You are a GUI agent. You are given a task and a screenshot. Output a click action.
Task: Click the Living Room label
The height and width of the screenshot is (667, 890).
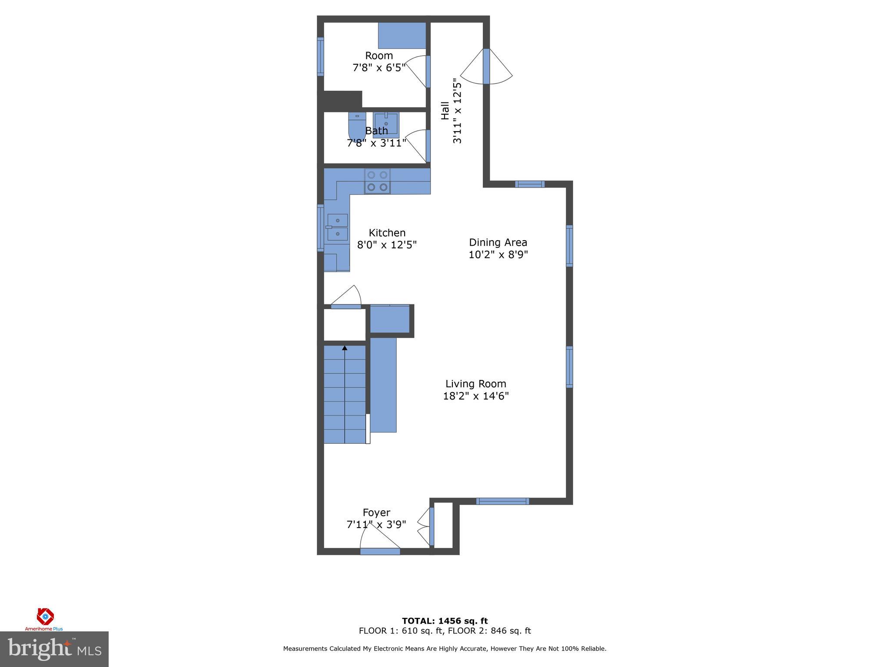pyautogui.click(x=475, y=384)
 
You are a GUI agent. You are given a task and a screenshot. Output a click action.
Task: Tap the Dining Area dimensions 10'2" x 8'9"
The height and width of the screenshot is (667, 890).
pyautogui.click(x=498, y=254)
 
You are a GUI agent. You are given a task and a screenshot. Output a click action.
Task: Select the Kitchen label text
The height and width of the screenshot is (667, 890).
pyautogui.click(x=387, y=233)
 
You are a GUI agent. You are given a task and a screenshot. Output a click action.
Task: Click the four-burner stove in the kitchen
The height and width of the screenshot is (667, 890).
pyautogui.click(x=377, y=181)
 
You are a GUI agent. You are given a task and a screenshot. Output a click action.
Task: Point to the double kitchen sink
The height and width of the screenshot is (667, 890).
pyautogui.click(x=337, y=227)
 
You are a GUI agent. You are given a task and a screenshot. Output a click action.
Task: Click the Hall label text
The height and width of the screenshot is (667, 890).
pyautogui.click(x=445, y=111)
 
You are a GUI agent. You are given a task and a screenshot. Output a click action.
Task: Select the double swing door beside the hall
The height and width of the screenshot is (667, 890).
pyautogui.click(x=486, y=66)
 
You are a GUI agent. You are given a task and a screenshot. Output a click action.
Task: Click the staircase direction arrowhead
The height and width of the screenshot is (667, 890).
pyautogui.click(x=345, y=348)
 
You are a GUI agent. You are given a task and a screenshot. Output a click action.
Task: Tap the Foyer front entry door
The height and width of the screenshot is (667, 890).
pyautogui.click(x=380, y=551)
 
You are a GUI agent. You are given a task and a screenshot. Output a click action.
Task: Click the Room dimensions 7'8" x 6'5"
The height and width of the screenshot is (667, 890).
pyautogui.click(x=379, y=68)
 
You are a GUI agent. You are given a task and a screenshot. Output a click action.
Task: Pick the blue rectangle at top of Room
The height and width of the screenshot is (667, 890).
pyautogui.click(x=402, y=36)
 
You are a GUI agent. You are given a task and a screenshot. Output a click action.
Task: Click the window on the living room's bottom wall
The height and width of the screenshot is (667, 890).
pyautogui.click(x=502, y=501)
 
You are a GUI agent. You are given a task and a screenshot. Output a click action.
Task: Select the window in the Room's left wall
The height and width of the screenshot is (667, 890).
pyautogui.click(x=320, y=56)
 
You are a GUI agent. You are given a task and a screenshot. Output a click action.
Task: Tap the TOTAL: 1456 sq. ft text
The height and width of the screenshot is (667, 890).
pyautogui.click(x=445, y=621)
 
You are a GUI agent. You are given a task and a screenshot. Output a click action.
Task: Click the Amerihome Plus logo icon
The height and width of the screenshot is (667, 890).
pyautogui.click(x=45, y=615)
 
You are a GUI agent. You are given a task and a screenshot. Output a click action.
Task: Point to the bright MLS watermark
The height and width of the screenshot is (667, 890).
pyautogui.click(x=54, y=649)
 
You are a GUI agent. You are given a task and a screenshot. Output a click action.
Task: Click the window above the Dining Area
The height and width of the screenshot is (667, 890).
pyautogui.click(x=529, y=184)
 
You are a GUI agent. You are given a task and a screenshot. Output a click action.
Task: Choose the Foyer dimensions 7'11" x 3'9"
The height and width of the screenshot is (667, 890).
pyautogui.click(x=376, y=525)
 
